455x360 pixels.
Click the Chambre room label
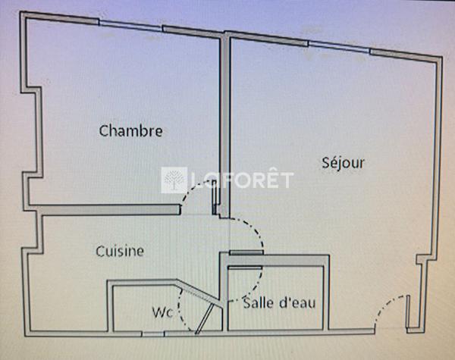(131, 131)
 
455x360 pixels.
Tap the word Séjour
(344, 162)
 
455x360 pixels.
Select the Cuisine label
(120, 251)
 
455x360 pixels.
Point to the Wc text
(162, 311)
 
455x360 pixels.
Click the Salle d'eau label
(278, 304)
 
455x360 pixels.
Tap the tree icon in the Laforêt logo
(175, 180)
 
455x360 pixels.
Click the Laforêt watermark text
(243, 180)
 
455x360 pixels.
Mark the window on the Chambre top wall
(130, 27)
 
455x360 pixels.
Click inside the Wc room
(136, 307)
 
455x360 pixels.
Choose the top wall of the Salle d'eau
(277, 260)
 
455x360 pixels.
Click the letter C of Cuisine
(99, 251)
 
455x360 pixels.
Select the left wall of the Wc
(109, 307)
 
